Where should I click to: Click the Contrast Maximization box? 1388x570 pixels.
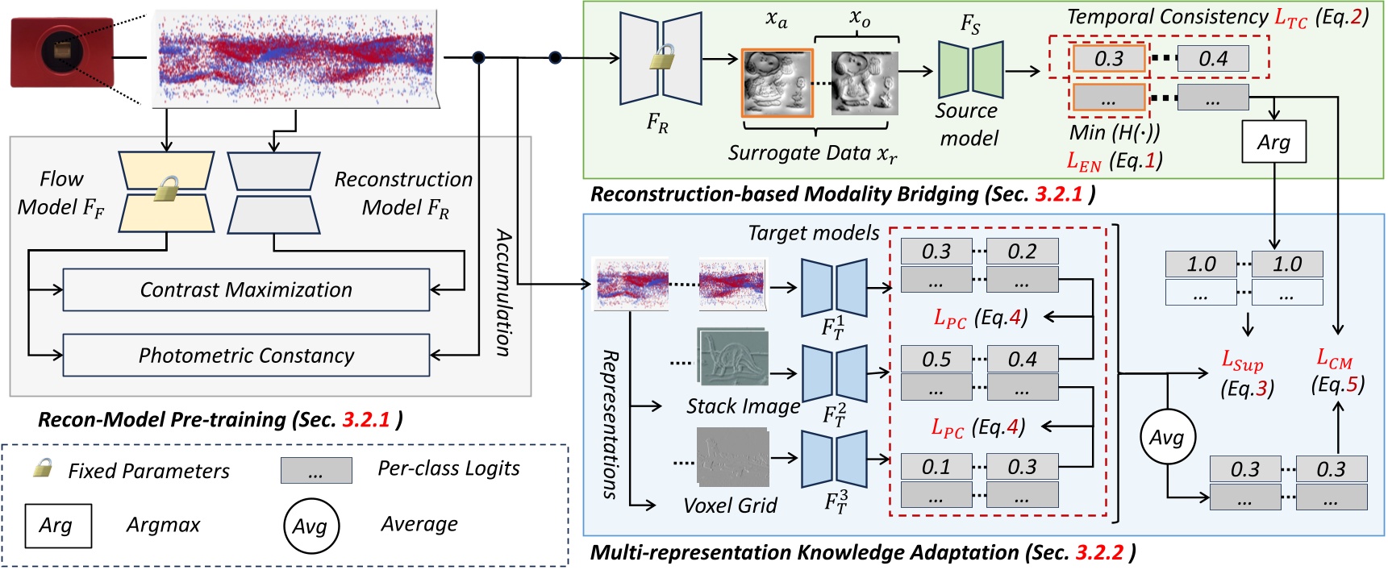tap(246, 289)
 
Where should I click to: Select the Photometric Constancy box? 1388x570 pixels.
tap(246, 356)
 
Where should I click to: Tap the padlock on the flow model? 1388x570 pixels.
tap(166, 190)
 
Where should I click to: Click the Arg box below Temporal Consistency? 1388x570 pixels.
tap(1273, 142)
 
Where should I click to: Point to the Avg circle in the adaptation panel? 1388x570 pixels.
tap(1167, 438)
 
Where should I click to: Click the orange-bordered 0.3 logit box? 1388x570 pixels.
tap(1109, 58)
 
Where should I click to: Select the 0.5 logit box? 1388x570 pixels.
tap(936, 359)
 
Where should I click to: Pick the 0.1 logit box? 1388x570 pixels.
tap(936, 467)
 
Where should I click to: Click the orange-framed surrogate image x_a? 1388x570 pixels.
tap(777, 82)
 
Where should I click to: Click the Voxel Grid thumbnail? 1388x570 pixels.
tap(732, 458)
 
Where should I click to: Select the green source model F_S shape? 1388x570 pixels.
tap(971, 70)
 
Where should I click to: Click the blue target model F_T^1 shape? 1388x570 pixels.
tap(834, 287)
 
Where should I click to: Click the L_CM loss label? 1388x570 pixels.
tap(1334, 358)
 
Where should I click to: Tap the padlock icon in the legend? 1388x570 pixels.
tap(42, 468)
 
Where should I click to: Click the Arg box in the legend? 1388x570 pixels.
tap(57, 526)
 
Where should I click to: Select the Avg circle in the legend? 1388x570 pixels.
tap(311, 526)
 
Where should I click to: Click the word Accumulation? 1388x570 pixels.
tap(502, 292)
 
